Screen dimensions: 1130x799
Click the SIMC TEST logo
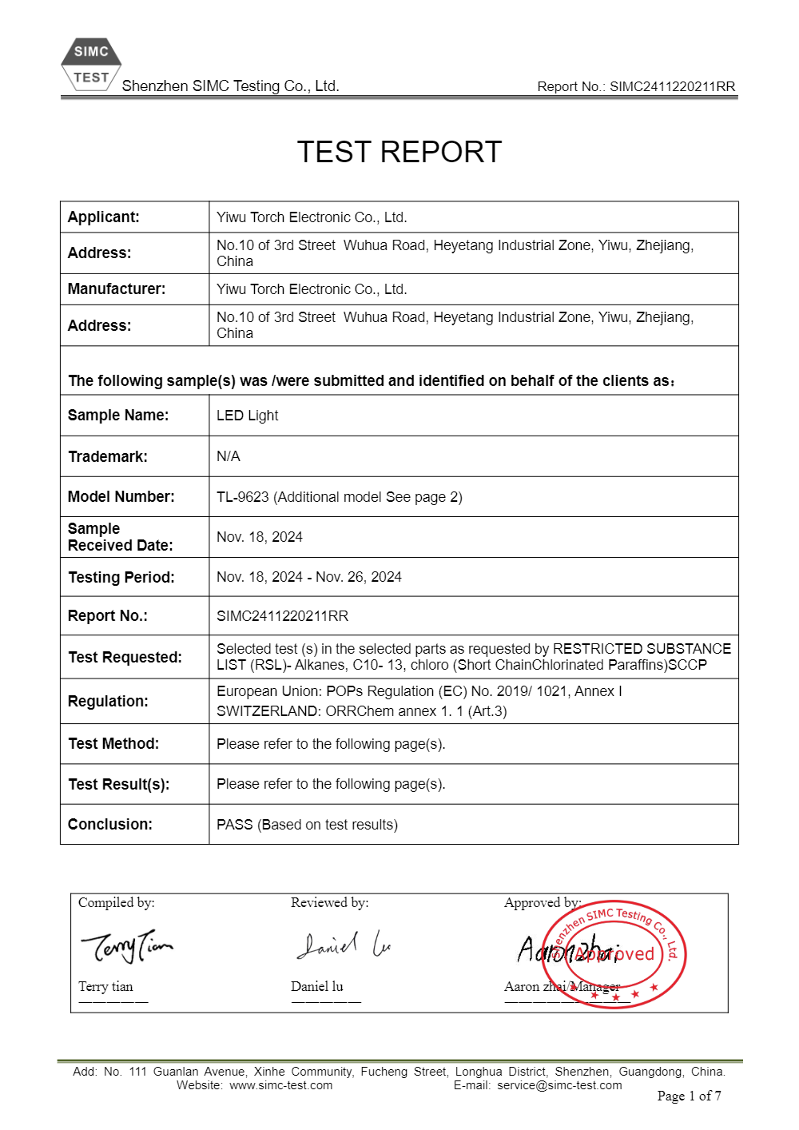coord(91,65)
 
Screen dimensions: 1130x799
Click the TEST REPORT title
coord(399,152)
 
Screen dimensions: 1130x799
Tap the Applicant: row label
coord(104,217)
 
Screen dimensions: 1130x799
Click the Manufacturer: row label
coord(117,289)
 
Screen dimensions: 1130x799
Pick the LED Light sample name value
coord(248,416)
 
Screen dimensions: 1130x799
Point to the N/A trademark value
coord(229,456)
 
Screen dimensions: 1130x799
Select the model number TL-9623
coord(243,497)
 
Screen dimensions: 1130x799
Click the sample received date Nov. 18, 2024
coord(260,537)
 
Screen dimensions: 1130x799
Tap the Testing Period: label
coord(121,577)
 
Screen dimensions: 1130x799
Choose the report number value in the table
coord(283,616)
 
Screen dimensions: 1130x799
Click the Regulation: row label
coord(109,701)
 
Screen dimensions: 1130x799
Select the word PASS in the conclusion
coord(235,825)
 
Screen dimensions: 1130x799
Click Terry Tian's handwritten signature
coord(126,946)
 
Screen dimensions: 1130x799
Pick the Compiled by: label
coord(117,903)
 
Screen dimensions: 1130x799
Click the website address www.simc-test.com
coord(280,1085)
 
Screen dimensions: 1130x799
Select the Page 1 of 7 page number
coord(689,1096)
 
